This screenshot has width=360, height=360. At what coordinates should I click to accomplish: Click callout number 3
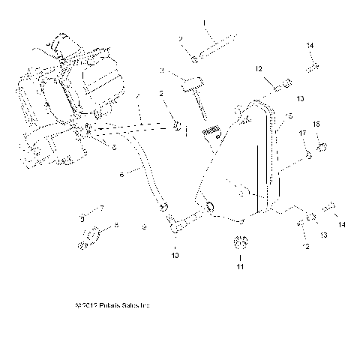tap(161, 70)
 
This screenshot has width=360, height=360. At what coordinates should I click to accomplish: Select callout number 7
tap(103, 207)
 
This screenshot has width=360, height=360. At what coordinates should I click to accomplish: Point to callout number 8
tap(116, 224)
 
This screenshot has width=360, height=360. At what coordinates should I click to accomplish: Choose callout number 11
tap(241, 266)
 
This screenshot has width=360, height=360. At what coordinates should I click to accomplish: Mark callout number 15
tap(316, 124)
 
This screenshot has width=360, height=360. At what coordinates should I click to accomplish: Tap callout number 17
tap(304, 133)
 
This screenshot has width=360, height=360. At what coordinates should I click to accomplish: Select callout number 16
tap(289, 116)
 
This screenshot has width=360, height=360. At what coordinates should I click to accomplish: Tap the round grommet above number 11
tap(241, 243)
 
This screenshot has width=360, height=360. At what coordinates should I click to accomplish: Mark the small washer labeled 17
tap(307, 155)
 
